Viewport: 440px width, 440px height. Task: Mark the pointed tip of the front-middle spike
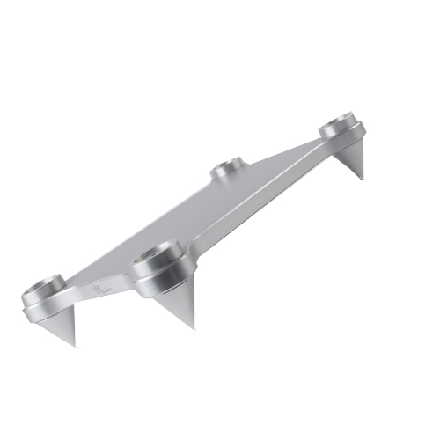click(193, 329)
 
